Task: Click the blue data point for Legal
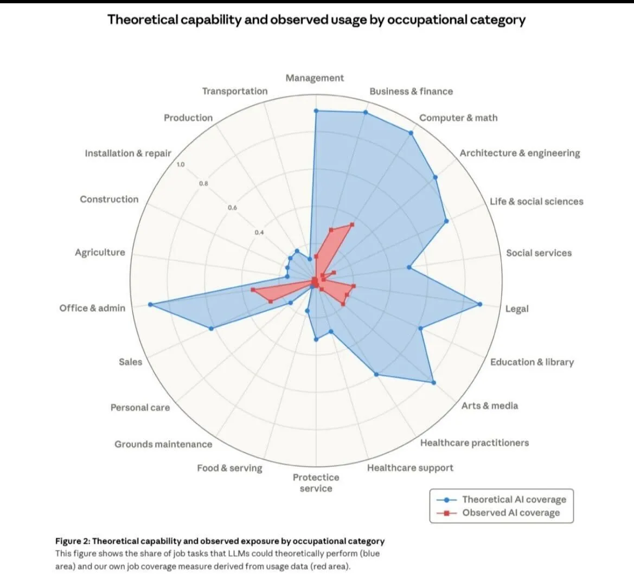click(479, 304)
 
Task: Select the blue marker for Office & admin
click(150, 305)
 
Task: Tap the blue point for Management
click(316, 111)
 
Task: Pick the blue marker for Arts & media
click(433, 383)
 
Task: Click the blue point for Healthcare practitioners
click(376, 374)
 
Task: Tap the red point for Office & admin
click(253, 291)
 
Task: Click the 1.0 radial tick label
click(181, 164)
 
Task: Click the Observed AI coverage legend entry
click(510, 513)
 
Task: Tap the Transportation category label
click(235, 91)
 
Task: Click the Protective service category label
click(316, 483)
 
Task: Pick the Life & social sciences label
click(536, 201)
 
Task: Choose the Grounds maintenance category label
click(163, 444)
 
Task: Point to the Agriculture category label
click(100, 252)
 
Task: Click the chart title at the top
click(316, 20)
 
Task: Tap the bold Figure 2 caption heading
click(220, 541)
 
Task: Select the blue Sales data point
click(211, 329)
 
